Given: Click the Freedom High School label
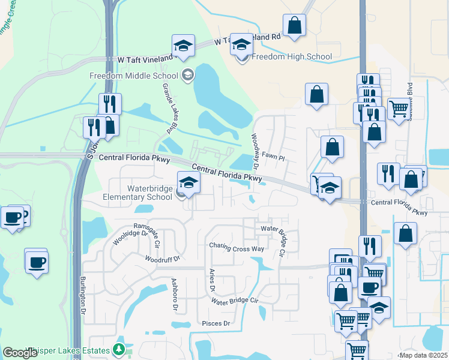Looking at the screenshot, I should tap(291, 57).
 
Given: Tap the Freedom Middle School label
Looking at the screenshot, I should tap(133, 76).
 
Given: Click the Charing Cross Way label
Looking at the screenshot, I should tap(237, 247).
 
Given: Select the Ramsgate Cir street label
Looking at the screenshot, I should tap(148, 235).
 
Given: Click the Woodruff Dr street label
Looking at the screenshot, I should tap(162, 259).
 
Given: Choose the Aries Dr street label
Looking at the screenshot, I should tap(211, 280).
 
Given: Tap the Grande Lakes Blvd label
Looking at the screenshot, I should tap(170, 107).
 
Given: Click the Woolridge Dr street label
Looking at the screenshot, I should tap(130, 238).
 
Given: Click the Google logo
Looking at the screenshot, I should tap(20, 353).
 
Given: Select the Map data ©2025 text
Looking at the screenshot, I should tap(423, 355).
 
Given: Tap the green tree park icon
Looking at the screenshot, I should tap(119, 350).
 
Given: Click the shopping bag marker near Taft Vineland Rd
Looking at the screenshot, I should tap(294, 25).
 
